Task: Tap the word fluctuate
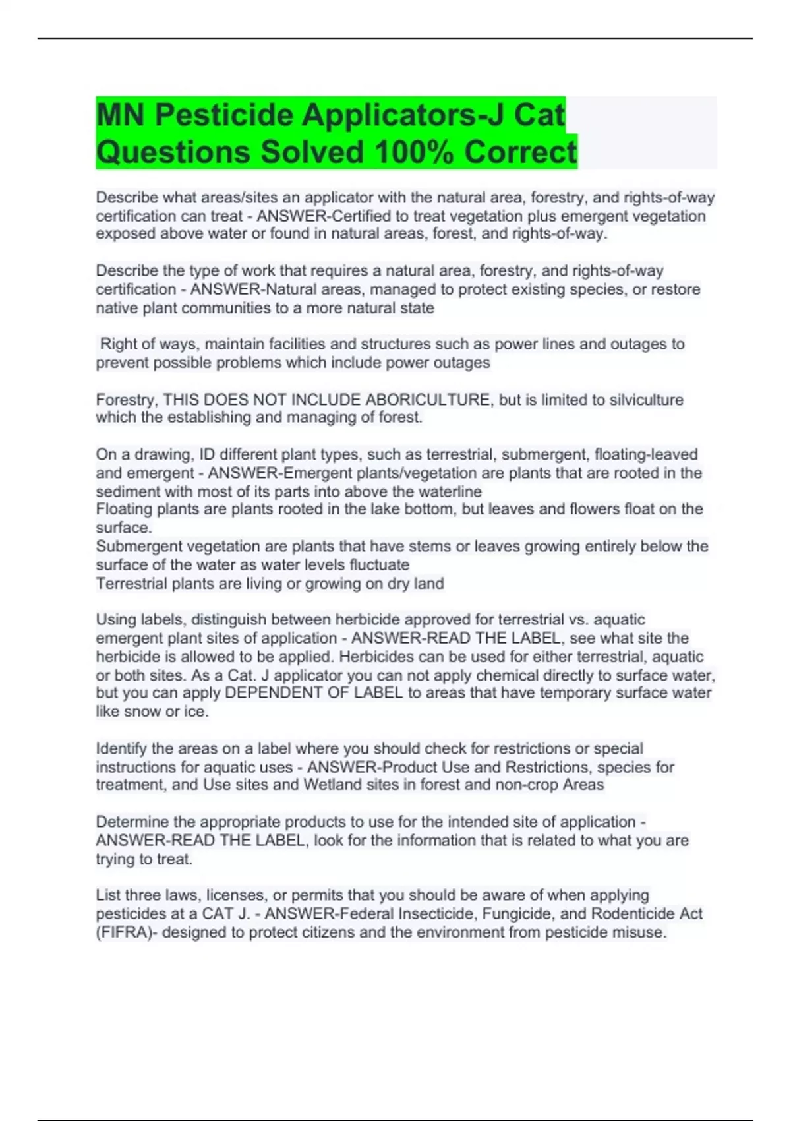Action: point(379,564)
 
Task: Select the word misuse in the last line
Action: point(639,932)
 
